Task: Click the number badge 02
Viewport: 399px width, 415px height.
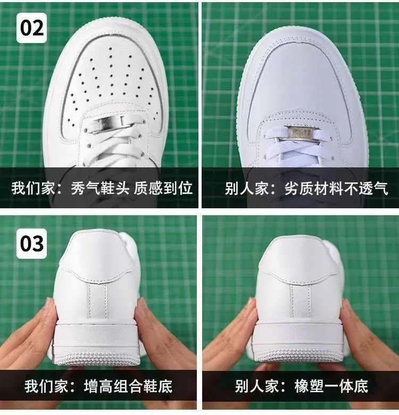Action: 31,28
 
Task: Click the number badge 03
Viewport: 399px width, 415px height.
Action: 31,243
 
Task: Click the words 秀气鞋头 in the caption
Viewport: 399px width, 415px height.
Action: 100,188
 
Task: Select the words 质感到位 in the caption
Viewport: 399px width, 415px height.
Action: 163,188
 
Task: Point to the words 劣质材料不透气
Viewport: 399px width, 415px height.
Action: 336,189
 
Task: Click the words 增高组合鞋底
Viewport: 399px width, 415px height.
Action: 128,386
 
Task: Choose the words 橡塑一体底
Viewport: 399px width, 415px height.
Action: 331,386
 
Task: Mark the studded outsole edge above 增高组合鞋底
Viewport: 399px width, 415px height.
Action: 97,359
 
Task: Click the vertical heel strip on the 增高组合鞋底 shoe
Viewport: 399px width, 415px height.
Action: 97,300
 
